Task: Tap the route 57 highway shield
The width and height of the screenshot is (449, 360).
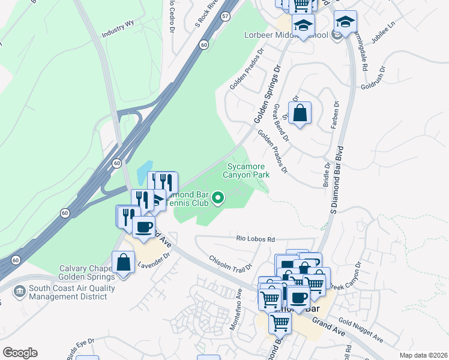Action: (224, 17)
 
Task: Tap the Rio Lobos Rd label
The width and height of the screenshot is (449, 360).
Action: (255, 238)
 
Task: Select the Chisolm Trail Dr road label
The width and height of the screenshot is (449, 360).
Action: (229, 266)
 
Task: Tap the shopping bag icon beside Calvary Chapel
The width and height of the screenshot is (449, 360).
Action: (124, 262)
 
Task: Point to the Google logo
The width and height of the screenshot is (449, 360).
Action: (20, 352)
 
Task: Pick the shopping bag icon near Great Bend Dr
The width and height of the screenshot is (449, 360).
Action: (300, 112)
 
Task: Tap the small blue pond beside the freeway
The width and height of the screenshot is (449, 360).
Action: (144, 173)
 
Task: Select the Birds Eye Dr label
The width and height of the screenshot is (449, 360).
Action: (81, 348)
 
